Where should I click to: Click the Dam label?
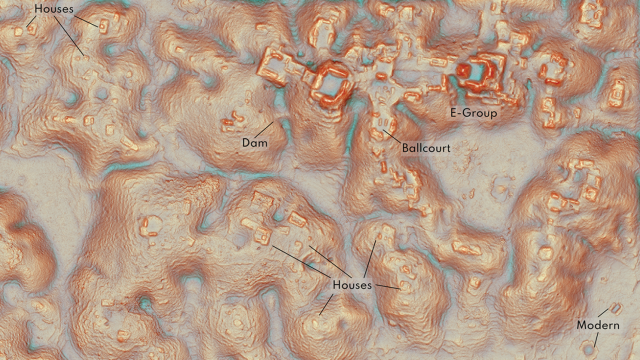pos(255,142)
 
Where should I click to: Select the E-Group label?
pos(473,113)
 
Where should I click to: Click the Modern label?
pos(598,326)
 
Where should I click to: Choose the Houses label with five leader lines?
pos(351,285)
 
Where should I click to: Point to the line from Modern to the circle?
pos(594,340)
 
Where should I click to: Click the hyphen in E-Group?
pos(461,113)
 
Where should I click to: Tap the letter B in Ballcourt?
pos(406,148)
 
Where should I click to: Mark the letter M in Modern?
pos(581,326)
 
